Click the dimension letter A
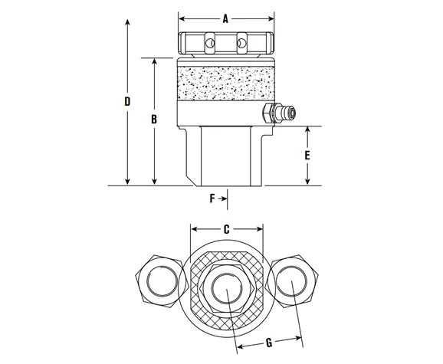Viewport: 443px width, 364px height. point(225,20)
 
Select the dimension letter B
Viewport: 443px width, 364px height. point(154,120)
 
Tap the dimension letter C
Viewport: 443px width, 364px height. point(226,228)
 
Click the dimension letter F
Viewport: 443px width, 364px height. point(212,198)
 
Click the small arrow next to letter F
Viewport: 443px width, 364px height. point(223,198)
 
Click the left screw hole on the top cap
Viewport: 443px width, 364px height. point(208,44)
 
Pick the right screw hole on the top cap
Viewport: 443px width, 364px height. point(243,44)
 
